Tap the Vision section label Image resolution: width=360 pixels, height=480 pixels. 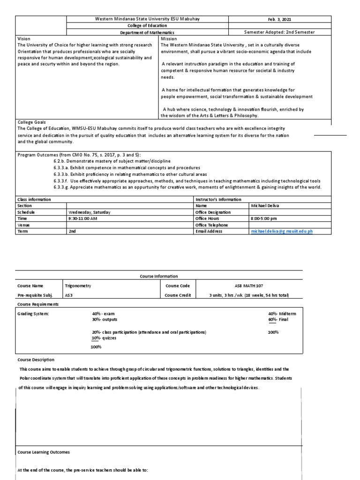pos(23,39)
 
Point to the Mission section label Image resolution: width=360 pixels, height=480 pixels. pos(168,39)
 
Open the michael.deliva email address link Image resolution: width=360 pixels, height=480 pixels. pos(281,232)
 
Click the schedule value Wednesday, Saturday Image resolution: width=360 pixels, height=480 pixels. pos(90,212)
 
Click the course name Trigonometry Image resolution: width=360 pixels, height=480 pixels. pos(77,285)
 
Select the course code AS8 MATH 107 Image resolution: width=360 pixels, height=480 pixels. pos(249,285)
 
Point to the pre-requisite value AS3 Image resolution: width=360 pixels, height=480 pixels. pos(68,295)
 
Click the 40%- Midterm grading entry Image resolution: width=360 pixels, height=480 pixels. pos(282,313)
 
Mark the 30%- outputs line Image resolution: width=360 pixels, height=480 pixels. pos(105,319)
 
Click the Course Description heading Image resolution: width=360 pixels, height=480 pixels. pos(36,360)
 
